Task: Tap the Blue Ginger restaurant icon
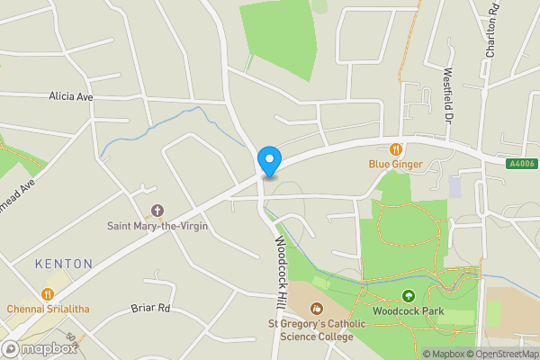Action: pyautogui.click(x=395, y=149)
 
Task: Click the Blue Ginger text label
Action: pyautogui.click(x=395, y=165)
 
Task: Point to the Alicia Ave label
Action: pyautogui.click(x=72, y=96)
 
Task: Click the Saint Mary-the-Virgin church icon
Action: pyautogui.click(x=157, y=211)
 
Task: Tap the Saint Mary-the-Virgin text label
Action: pyautogui.click(x=157, y=226)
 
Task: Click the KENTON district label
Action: pyautogui.click(x=63, y=264)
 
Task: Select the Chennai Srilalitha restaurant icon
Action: pyautogui.click(x=47, y=293)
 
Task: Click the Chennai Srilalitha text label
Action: pyautogui.click(x=51, y=309)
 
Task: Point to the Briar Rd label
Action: pyautogui.click(x=150, y=308)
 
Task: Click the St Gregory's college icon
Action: pyautogui.click(x=317, y=309)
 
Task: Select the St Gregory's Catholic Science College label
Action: pyautogui.click(x=311, y=330)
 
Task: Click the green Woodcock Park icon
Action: pyautogui.click(x=408, y=295)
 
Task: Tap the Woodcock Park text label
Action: pyautogui.click(x=409, y=310)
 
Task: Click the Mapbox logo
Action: pyautogui.click(x=40, y=348)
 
